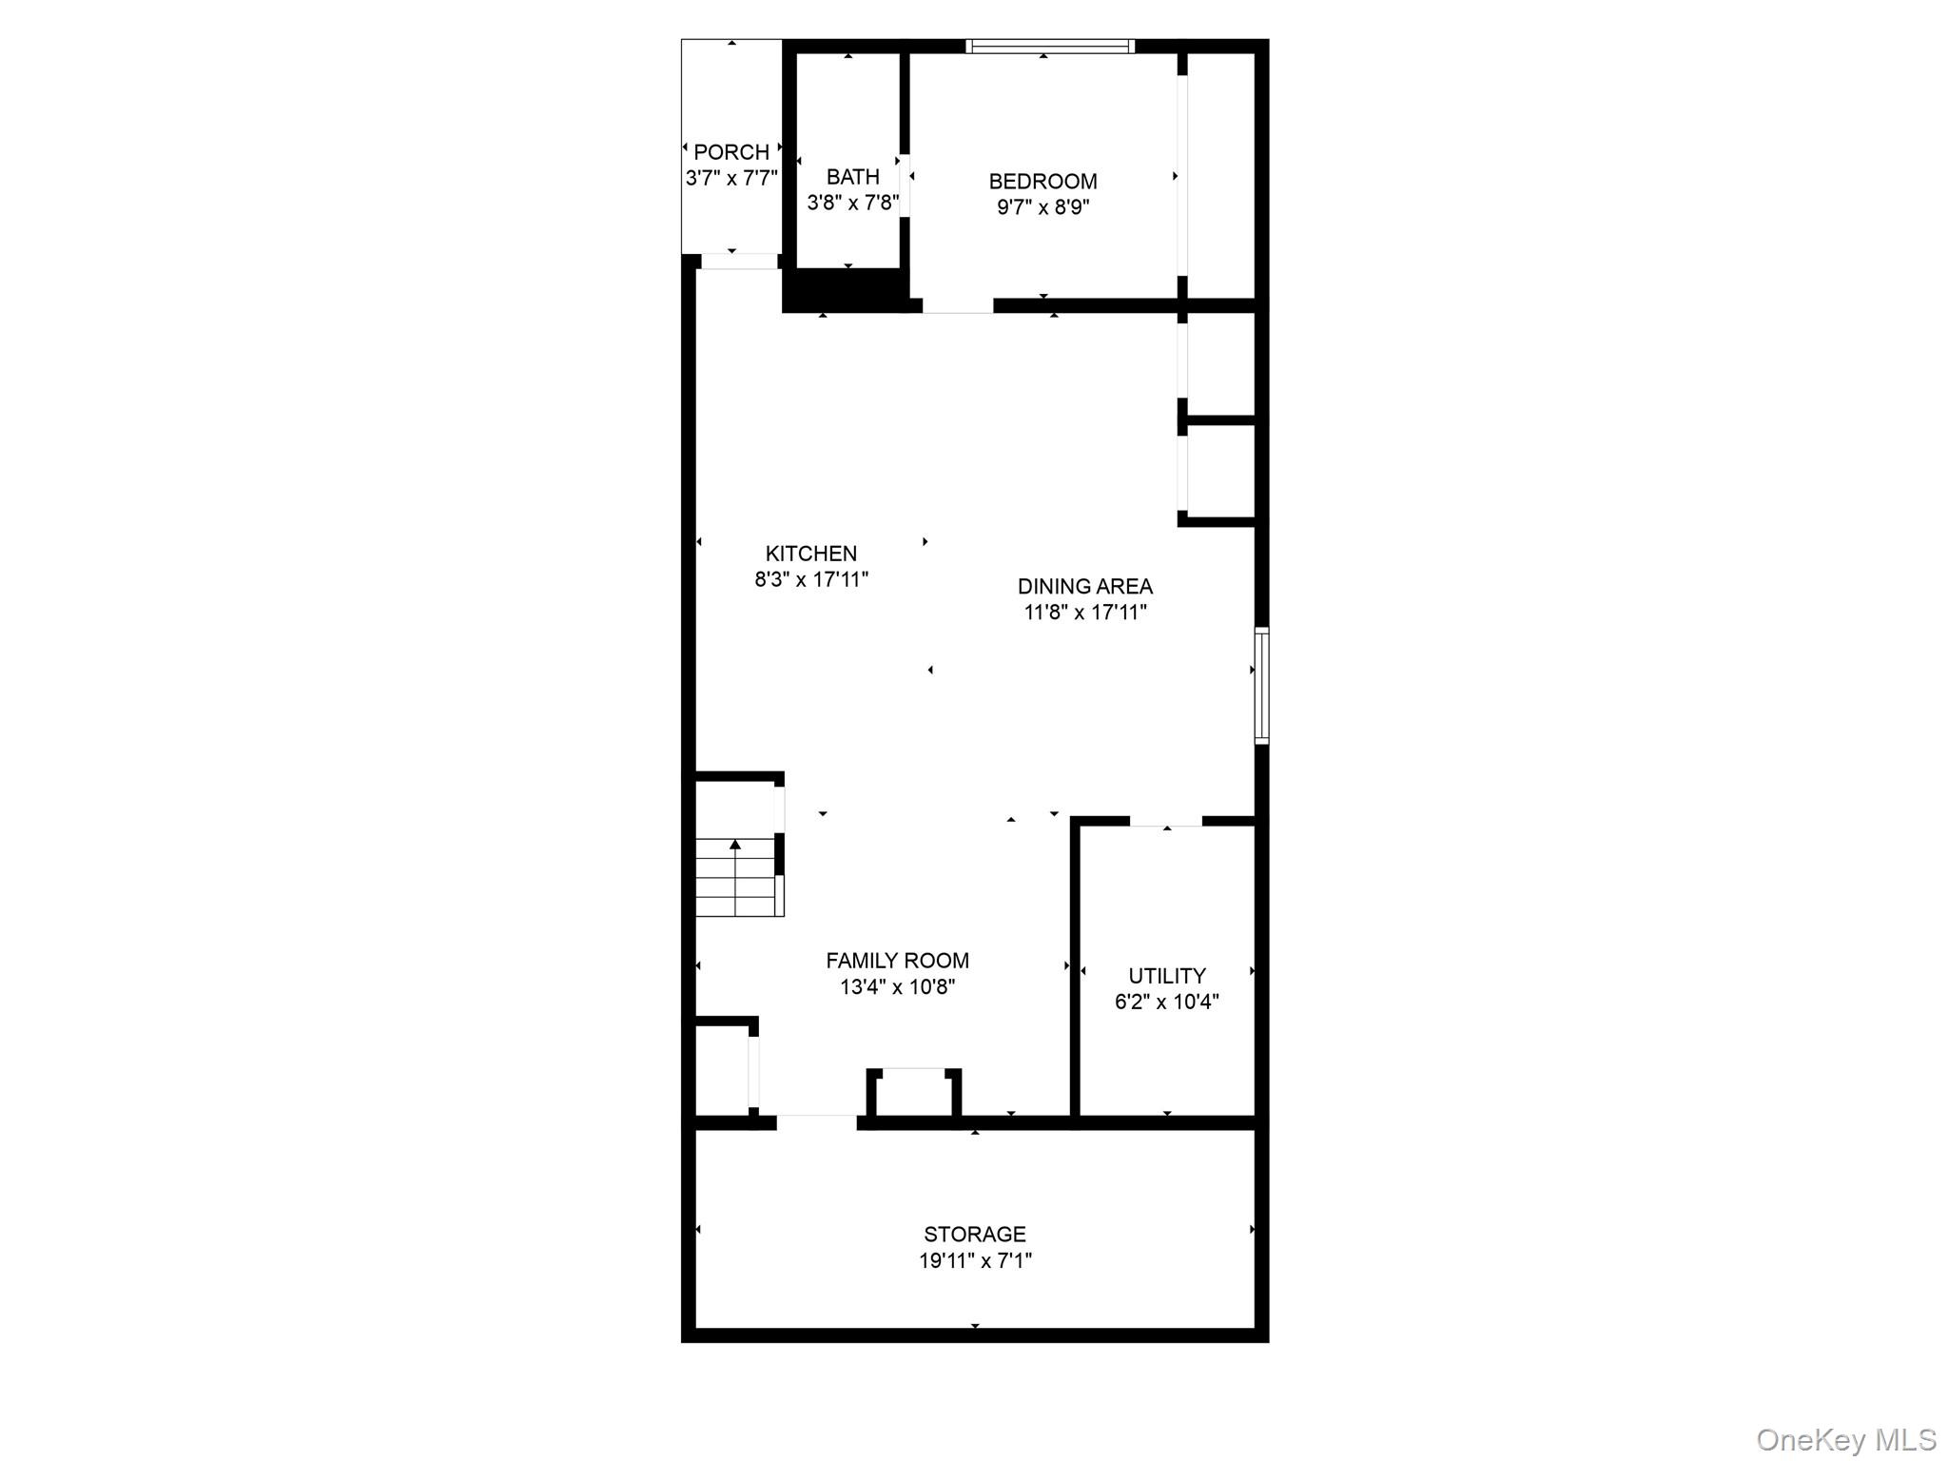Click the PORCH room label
click(x=731, y=152)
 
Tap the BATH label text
click(x=852, y=177)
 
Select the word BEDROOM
click(x=1042, y=182)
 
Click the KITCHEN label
click(x=811, y=554)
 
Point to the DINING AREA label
click(x=1085, y=587)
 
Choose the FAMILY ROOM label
click(x=897, y=961)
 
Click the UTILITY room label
click(x=1167, y=976)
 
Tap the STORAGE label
click(x=975, y=1235)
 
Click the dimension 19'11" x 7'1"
click(x=975, y=1261)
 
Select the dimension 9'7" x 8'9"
click(x=1042, y=207)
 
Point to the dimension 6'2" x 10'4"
click(x=1167, y=1002)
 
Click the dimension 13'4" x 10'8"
click(x=897, y=987)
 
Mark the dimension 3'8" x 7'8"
click(x=852, y=203)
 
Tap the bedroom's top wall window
click(x=1050, y=46)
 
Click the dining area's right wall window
click(x=1261, y=685)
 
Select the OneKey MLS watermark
click(x=1845, y=1440)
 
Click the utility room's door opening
click(x=1166, y=821)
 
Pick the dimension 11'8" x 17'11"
click(x=1085, y=613)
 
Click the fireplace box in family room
click(x=913, y=1094)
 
